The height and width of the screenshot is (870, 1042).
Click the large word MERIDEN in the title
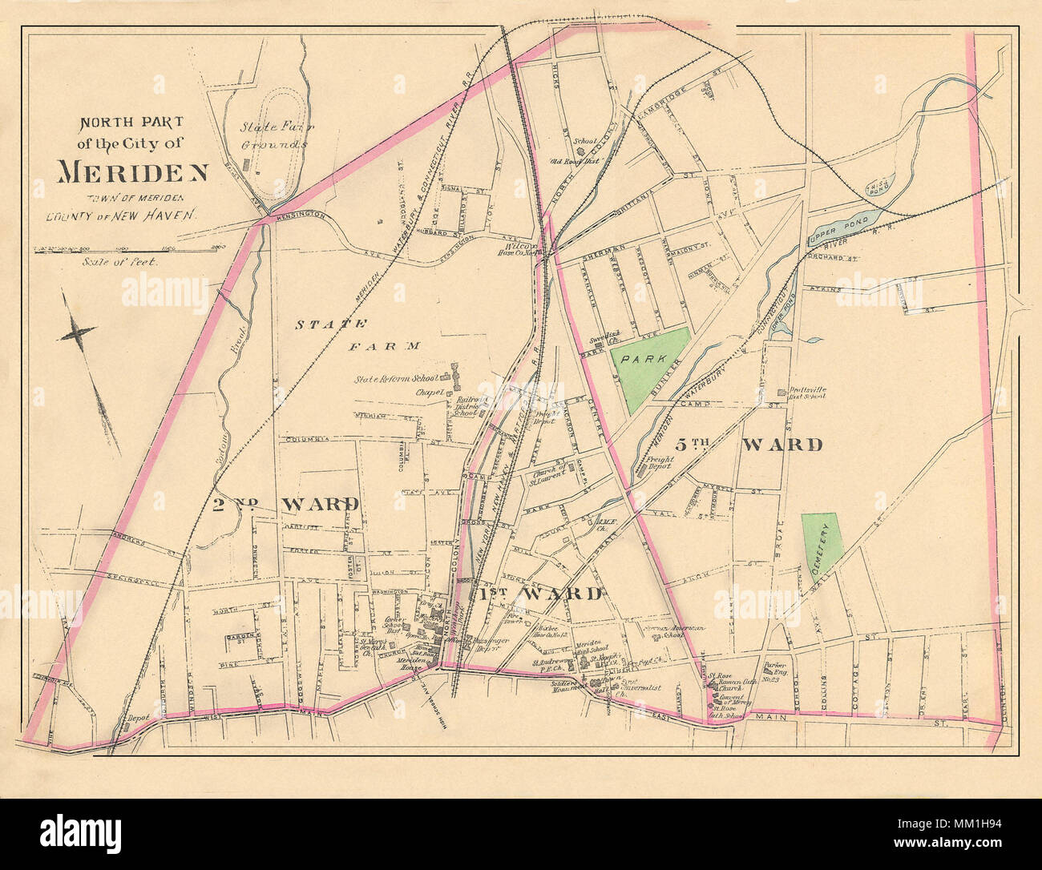click(x=133, y=171)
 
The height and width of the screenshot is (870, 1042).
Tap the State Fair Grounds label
click(x=275, y=135)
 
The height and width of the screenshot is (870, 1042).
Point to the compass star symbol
click(x=79, y=330)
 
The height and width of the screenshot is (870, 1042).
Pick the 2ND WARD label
click(x=285, y=504)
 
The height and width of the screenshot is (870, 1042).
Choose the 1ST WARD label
click(x=539, y=594)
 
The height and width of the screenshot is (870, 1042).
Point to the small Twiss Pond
click(x=880, y=186)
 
